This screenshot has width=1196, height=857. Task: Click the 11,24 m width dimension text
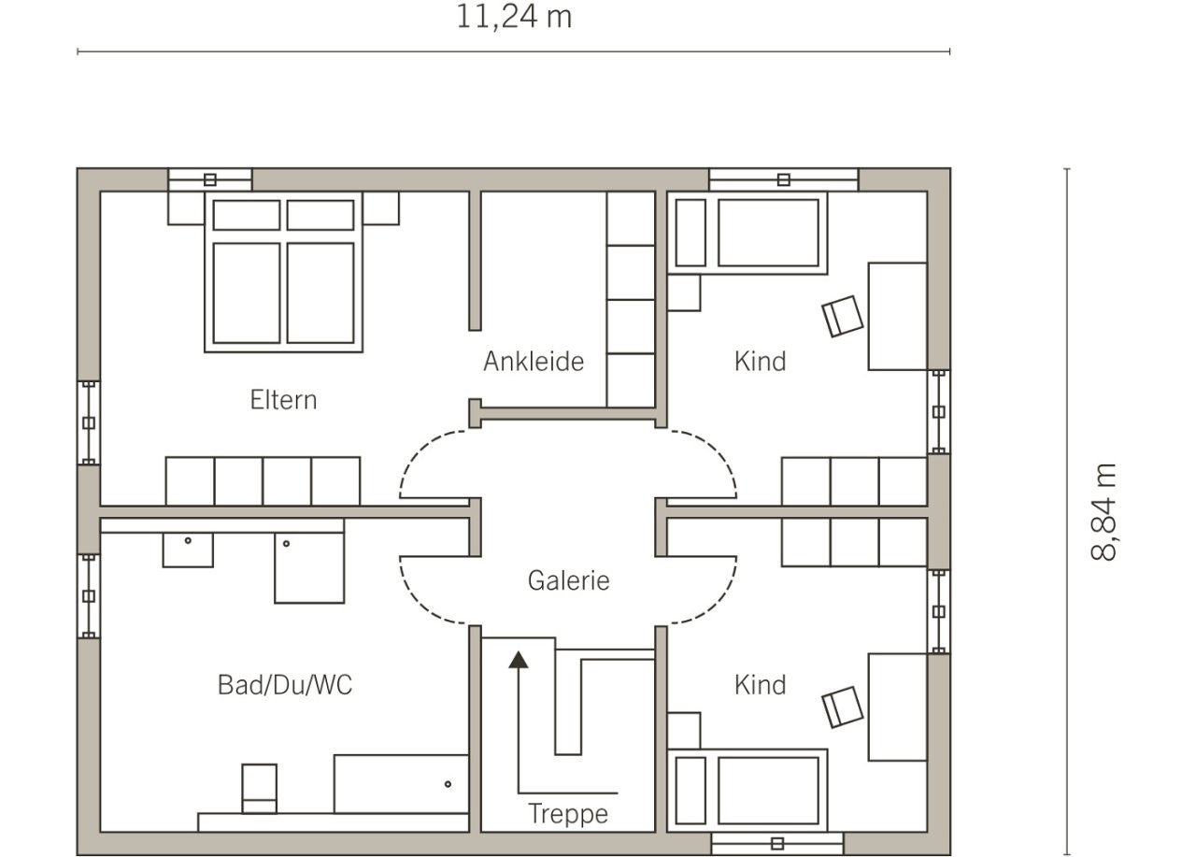click(514, 17)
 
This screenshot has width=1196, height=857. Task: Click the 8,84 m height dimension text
click(1103, 512)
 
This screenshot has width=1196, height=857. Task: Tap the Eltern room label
click(283, 400)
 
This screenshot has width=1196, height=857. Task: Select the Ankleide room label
click(534, 362)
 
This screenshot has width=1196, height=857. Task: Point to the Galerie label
click(569, 580)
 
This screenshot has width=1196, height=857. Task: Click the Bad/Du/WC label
click(285, 685)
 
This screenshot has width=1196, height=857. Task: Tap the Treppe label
click(568, 814)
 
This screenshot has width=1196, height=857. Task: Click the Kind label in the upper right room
click(761, 362)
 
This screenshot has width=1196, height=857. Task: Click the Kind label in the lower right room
click(761, 685)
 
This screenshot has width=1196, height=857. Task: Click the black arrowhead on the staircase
click(518, 660)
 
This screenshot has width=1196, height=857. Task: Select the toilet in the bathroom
click(260, 789)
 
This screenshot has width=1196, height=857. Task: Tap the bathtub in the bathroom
click(402, 784)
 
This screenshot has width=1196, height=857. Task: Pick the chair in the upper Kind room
click(843, 317)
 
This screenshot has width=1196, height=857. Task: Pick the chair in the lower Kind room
click(843, 707)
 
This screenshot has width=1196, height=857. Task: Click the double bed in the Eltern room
click(283, 272)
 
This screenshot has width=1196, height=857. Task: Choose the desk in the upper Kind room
click(898, 316)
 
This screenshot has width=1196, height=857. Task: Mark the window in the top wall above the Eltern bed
click(210, 180)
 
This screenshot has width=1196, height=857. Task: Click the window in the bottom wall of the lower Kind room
click(777, 844)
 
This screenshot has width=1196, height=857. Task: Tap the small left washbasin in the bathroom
click(188, 550)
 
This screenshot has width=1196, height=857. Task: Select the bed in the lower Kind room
click(747, 791)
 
